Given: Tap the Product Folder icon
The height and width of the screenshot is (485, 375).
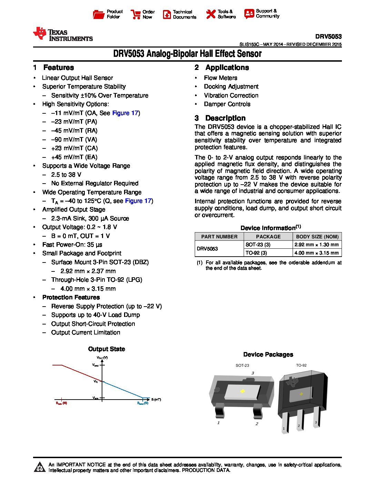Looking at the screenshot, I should click(99, 14).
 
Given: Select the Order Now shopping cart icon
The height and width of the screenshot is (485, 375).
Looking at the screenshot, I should click(135, 14).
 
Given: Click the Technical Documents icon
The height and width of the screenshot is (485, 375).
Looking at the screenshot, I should click(167, 14).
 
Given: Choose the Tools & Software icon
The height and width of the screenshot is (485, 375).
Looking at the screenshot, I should click(211, 14).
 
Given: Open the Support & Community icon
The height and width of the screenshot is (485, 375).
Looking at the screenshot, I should click(249, 13).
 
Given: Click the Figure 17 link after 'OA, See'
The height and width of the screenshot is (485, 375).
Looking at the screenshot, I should click(125, 113).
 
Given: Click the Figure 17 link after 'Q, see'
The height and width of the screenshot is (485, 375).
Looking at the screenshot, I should click(138, 201).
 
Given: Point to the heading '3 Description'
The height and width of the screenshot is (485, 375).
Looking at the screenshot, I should click(220, 118).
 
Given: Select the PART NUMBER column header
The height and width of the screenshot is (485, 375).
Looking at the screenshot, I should click(219, 237).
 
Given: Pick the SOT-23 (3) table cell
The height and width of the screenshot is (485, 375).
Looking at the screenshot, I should click(258, 245).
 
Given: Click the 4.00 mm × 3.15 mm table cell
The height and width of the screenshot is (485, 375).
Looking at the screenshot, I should click(317, 253).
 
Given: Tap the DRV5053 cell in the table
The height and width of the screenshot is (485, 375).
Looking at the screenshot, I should click(207, 249).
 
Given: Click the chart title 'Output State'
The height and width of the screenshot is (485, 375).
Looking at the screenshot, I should click(107, 349).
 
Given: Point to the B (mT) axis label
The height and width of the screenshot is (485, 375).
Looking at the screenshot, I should click(156, 400).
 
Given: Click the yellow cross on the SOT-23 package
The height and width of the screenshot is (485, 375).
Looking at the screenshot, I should click(242, 391).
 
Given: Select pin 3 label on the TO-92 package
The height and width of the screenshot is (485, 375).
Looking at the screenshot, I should click(316, 422).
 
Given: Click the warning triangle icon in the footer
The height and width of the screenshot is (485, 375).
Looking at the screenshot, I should click(40, 467).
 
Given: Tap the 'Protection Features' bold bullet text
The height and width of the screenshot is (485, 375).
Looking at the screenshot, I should click(71, 297).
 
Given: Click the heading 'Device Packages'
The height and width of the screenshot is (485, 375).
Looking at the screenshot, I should click(268, 354).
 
